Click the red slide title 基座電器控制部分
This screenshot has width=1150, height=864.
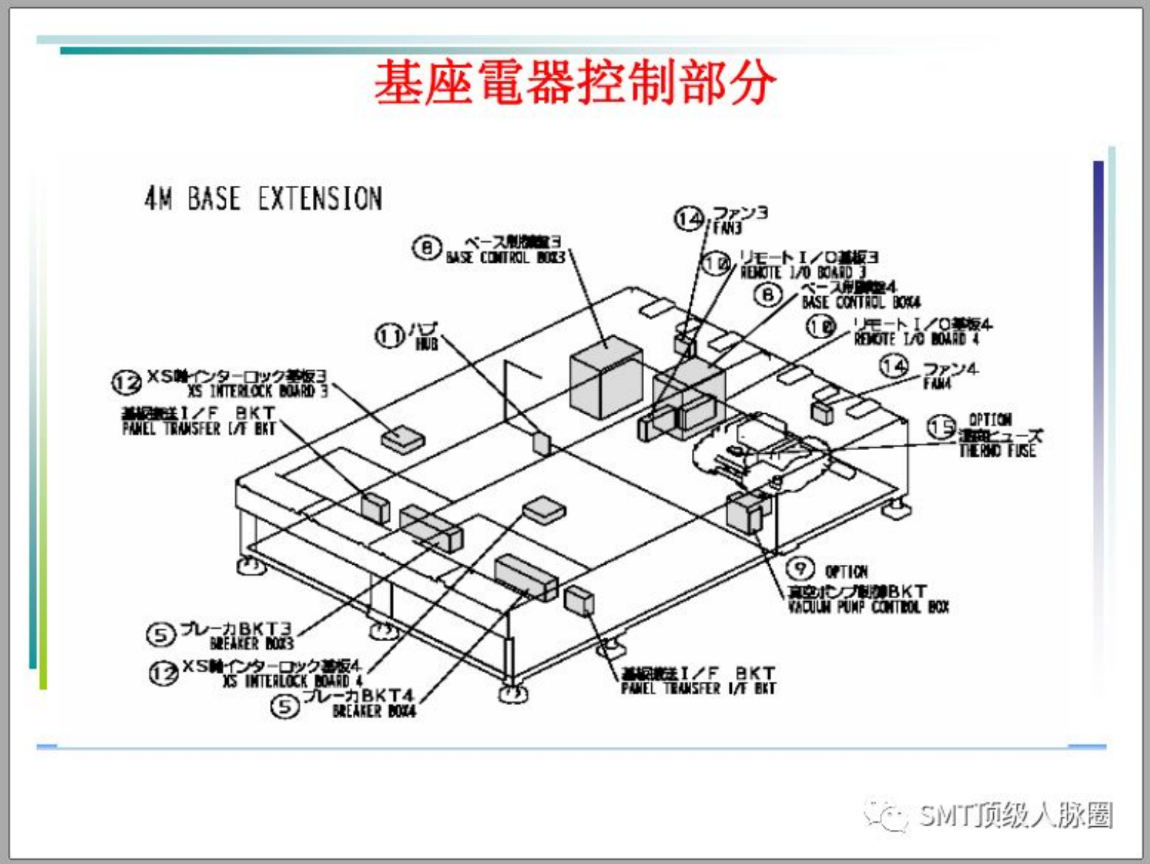pyautogui.click(x=574, y=83)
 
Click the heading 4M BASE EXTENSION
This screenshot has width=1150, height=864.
pyautogui.click(x=263, y=198)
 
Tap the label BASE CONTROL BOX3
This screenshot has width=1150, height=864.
pyautogui.click(x=505, y=258)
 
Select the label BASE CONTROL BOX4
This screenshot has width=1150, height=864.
pyautogui.click(x=861, y=302)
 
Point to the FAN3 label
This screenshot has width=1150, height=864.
pyautogui.click(x=727, y=228)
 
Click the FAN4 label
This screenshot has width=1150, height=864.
pyautogui.click(x=937, y=383)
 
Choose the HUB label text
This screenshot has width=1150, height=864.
pyautogui.click(x=427, y=343)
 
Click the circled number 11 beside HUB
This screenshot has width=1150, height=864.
pyautogui.click(x=389, y=335)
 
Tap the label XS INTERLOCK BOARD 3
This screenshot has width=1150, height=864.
pyautogui.click(x=258, y=391)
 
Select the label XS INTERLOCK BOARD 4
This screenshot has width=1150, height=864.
pyautogui.click(x=293, y=681)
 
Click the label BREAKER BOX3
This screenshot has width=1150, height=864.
pyautogui.click(x=251, y=643)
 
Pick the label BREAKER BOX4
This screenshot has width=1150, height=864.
pyautogui.click(x=374, y=711)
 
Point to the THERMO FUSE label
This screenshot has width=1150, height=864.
pyautogui.click(x=997, y=451)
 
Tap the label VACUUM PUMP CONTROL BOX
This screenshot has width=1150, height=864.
pyautogui.click(x=868, y=606)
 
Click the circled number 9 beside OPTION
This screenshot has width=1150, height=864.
pyautogui.click(x=800, y=568)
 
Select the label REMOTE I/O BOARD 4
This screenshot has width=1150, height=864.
pyautogui.click(x=916, y=339)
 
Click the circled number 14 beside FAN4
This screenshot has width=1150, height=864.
pyautogui.click(x=894, y=366)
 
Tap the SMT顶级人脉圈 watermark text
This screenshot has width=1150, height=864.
pyautogui.click(x=1014, y=815)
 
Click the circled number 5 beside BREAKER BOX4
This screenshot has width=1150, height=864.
pyautogui.click(x=285, y=705)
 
